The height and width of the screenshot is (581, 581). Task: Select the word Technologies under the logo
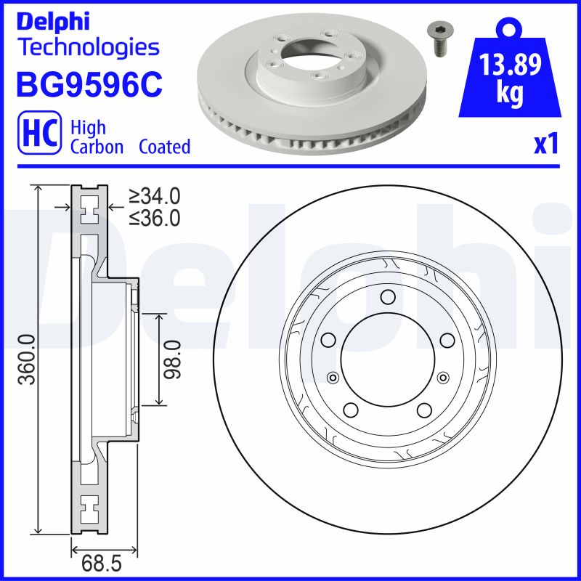pos(88,48)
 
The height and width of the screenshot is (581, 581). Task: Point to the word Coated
pos(164,147)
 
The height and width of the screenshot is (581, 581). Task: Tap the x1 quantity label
pos(545,145)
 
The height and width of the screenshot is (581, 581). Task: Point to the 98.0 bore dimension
pos(172,359)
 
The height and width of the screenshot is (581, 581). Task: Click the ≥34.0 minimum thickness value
pos(154,196)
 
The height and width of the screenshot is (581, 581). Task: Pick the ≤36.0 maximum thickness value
pos(154,217)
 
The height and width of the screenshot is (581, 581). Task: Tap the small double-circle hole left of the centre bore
pos(333,376)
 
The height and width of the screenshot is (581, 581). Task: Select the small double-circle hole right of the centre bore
pos(442,376)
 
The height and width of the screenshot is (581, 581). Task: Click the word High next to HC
pos(88,128)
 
